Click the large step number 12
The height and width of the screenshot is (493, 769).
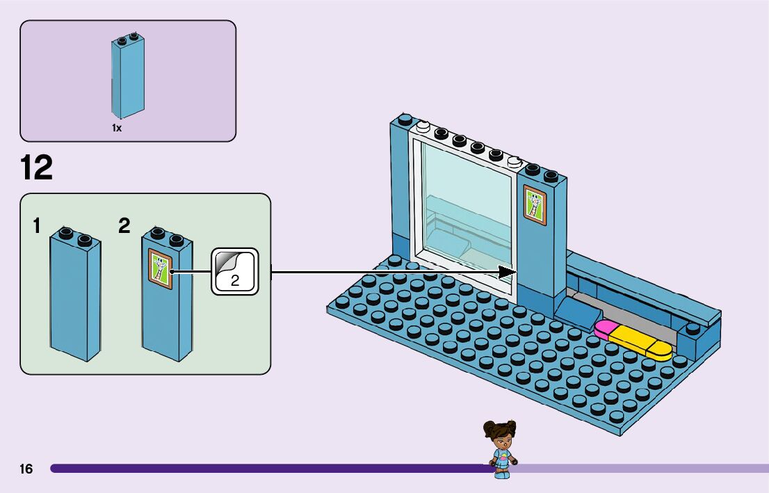[x=36, y=168]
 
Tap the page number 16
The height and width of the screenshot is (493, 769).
[x=26, y=469]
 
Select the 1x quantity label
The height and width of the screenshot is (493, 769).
[x=117, y=129]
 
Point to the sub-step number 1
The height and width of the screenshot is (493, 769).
[x=38, y=226]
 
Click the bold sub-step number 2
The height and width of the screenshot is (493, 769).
[x=124, y=226]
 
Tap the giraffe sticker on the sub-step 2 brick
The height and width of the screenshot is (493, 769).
[x=161, y=268]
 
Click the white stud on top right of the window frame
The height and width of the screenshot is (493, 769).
[x=514, y=162]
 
